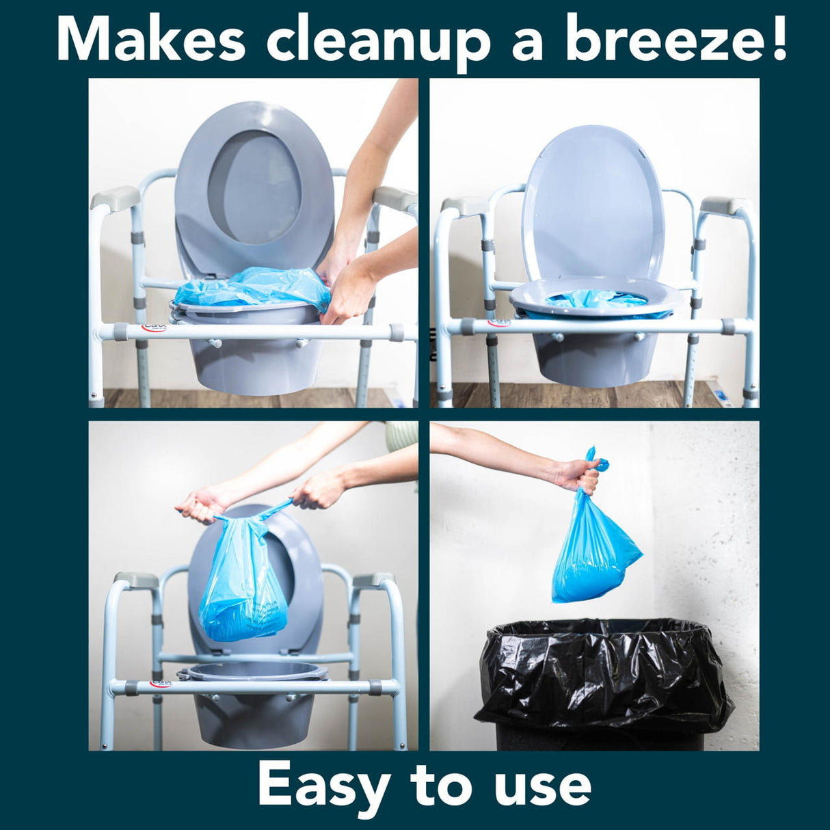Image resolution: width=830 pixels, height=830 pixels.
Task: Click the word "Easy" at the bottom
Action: coord(324,786)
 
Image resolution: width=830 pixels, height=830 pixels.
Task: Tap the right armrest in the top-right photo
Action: coord(725,206)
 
